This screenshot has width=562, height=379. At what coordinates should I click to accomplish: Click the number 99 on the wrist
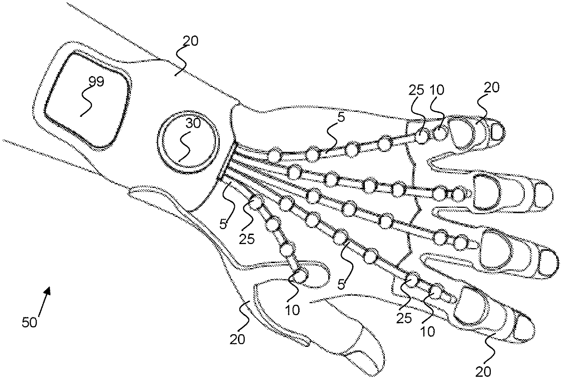click(96, 82)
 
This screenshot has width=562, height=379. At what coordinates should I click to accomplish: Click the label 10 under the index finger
click(427, 332)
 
